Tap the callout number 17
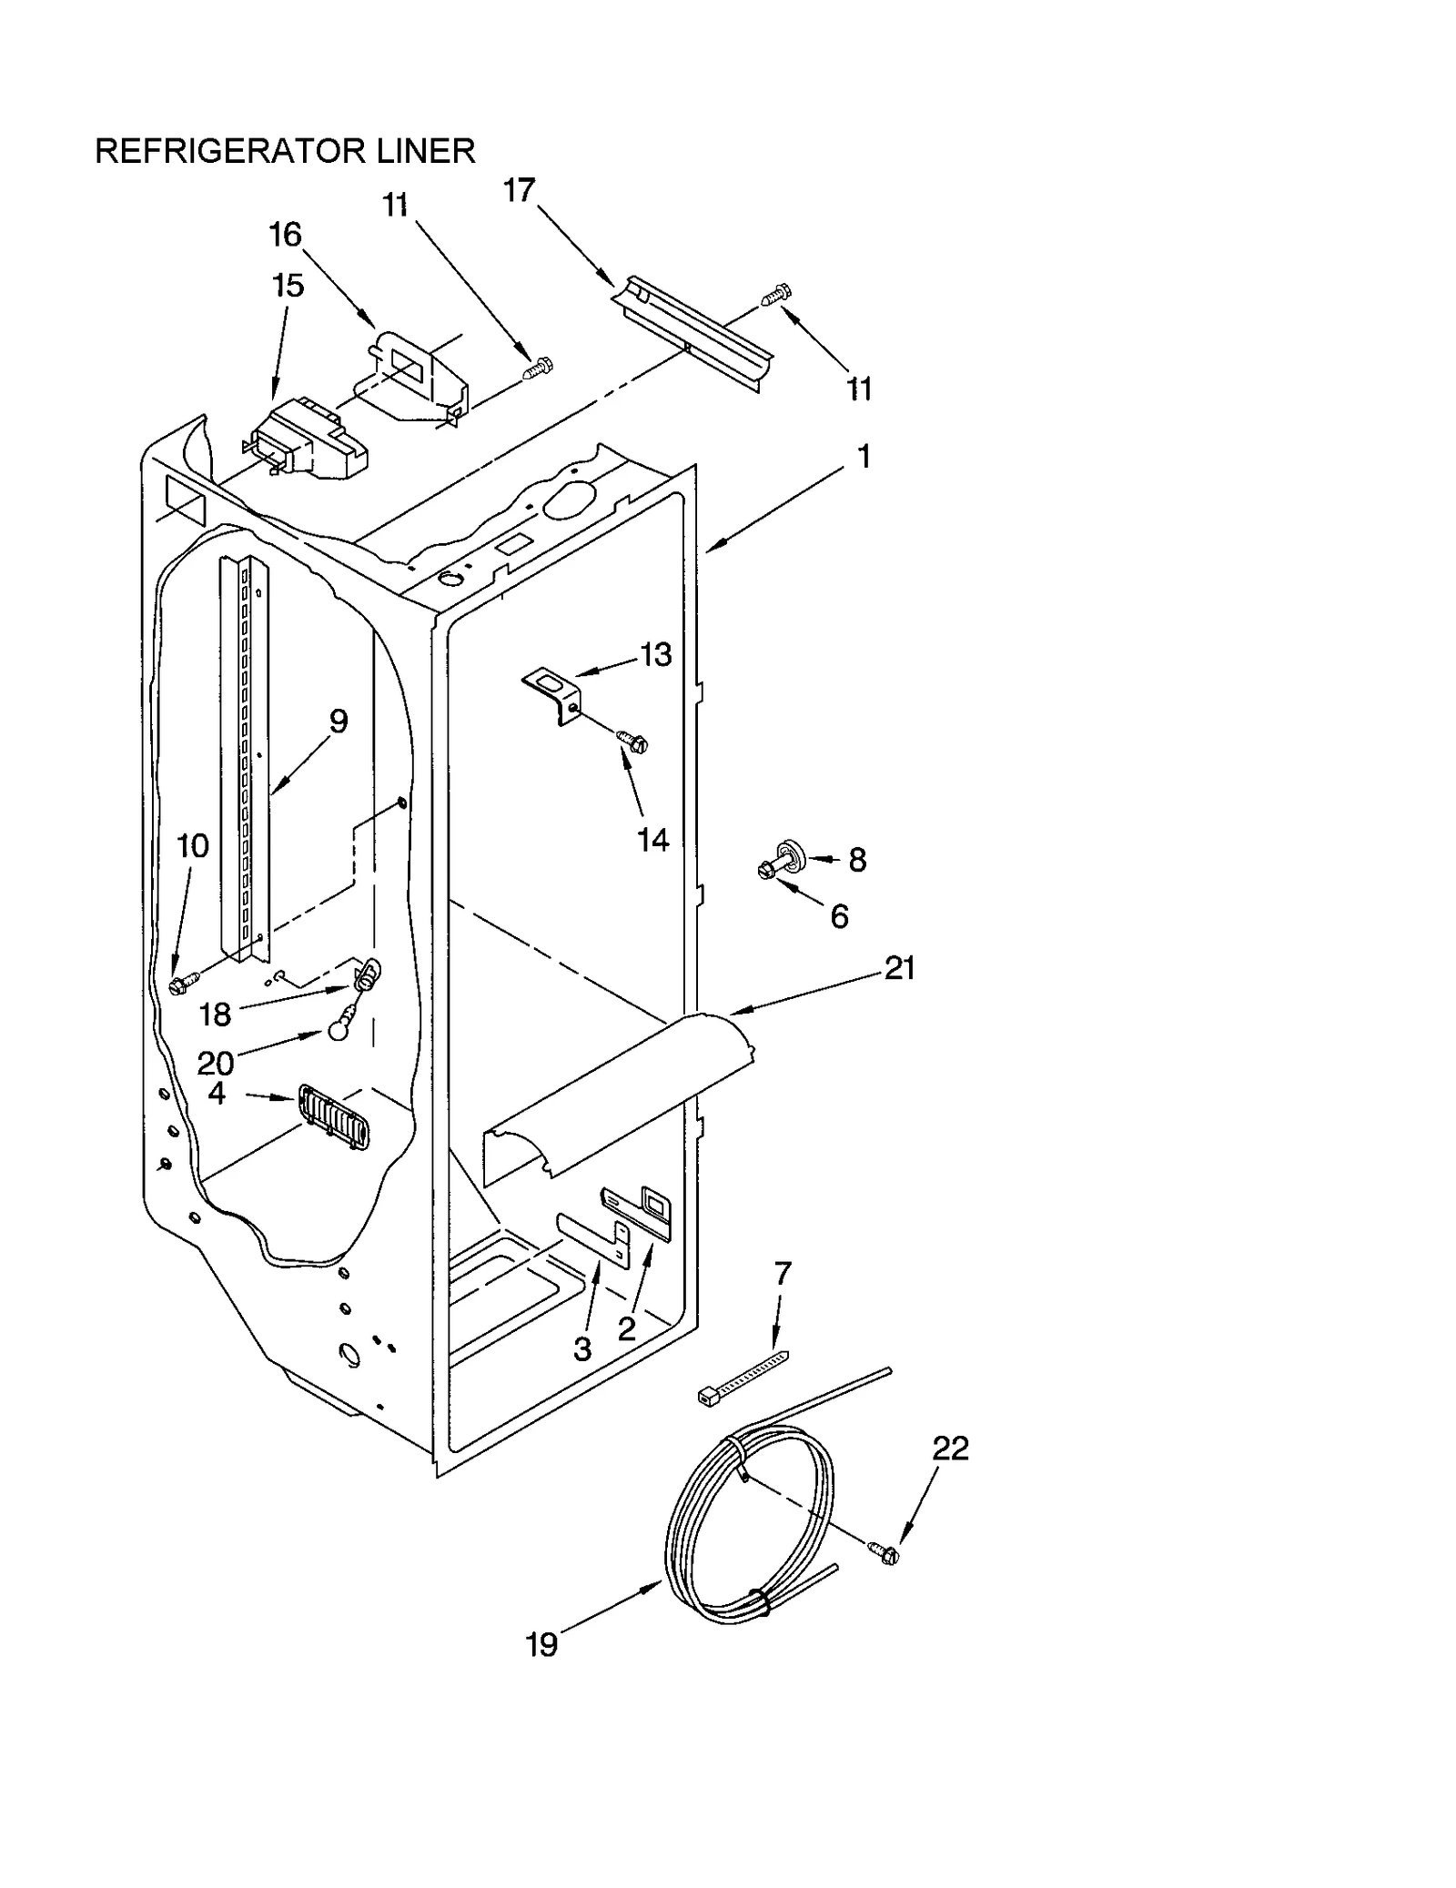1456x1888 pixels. tap(520, 191)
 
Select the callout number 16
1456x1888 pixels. tap(285, 235)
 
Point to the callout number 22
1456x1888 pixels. tap(950, 1448)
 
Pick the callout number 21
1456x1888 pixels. tap(899, 968)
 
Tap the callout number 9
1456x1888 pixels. tap(338, 722)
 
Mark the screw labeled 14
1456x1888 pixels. tap(632, 741)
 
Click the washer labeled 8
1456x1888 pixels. tap(794, 853)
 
